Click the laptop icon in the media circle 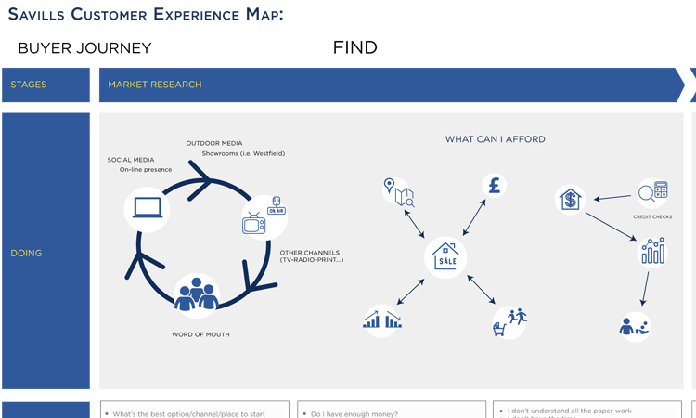(148, 208)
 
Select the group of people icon (196, 294)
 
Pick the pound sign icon (495, 185)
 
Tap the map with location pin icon (399, 191)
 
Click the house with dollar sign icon (570, 199)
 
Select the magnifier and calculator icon (652, 192)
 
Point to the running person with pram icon (509, 321)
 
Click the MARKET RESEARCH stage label (155, 85)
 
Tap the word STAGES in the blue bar (29, 85)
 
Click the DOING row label (26, 253)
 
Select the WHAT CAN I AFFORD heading (495, 139)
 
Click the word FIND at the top (354, 48)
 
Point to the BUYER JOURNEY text (84, 48)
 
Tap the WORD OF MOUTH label (200, 334)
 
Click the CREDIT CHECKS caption (652, 216)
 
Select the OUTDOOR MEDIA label (214, 143)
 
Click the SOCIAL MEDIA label (131, 160)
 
